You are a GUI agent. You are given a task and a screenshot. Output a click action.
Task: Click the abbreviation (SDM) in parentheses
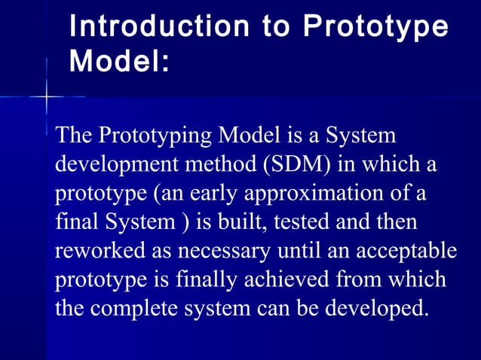click(x=299, y=165)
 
